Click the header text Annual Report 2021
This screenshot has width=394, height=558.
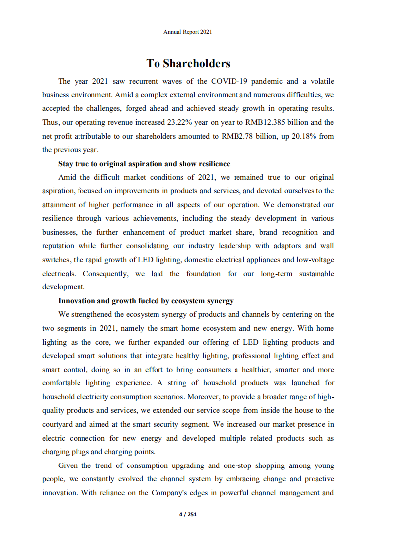coord(188,32)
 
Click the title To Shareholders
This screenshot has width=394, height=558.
coord(188,64)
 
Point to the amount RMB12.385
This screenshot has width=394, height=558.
coord(266,122)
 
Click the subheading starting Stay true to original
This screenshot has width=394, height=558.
coord(144,164)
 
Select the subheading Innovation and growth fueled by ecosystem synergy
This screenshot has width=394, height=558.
coord(146,301)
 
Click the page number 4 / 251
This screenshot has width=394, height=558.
coord(188,515)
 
